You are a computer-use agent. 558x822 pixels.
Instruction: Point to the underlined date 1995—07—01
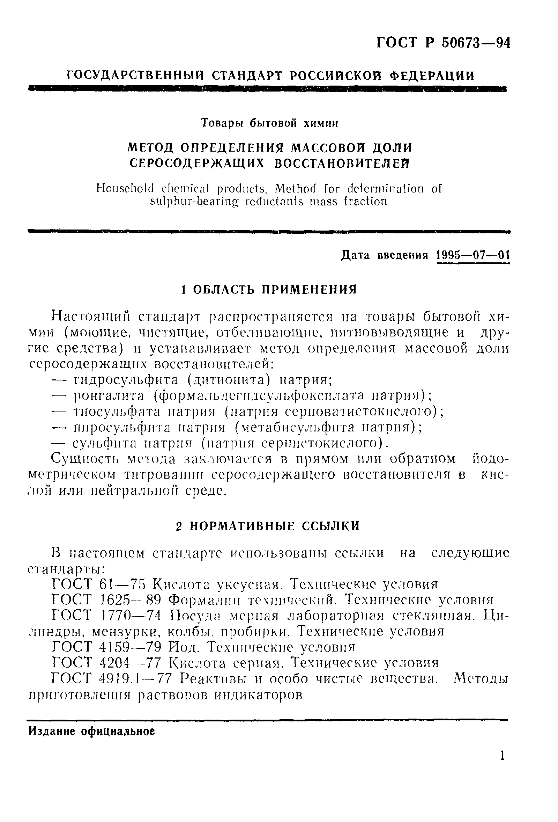click(473, 255)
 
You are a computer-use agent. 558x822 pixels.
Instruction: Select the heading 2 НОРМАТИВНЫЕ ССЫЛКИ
click(268, 526)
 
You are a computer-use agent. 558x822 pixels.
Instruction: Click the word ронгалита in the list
click(109, 396)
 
